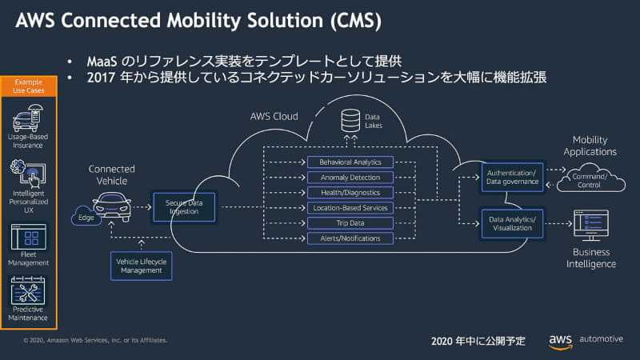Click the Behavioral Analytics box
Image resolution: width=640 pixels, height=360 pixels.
[350, 162]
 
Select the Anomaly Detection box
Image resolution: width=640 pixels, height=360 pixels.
[350, 177]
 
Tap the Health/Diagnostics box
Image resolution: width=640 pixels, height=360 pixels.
[350, 192]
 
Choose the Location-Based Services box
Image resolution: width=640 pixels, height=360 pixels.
[350, 208]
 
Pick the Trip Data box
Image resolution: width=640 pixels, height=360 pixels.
[350, 223]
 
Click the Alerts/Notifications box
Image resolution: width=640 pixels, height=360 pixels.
[350, 238]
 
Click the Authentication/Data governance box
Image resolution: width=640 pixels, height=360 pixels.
[512, 177]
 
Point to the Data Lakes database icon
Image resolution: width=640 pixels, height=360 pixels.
[350, 122]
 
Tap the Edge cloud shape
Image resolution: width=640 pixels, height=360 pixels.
[84, 216]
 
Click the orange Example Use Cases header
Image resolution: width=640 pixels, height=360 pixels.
[29, 86]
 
